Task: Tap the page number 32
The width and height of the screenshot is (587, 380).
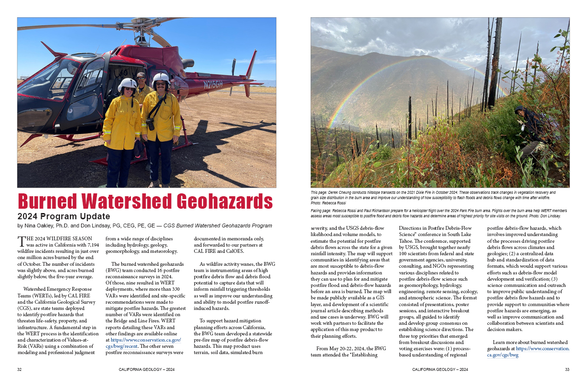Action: pos(19,369)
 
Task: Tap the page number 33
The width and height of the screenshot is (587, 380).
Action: pos(567,369)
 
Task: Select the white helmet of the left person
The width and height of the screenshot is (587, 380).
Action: pos(127,84)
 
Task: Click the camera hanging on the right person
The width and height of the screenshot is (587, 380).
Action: pos(150,124)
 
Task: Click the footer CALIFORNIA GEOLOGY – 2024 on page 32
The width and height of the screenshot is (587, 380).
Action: pos(146,369)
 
